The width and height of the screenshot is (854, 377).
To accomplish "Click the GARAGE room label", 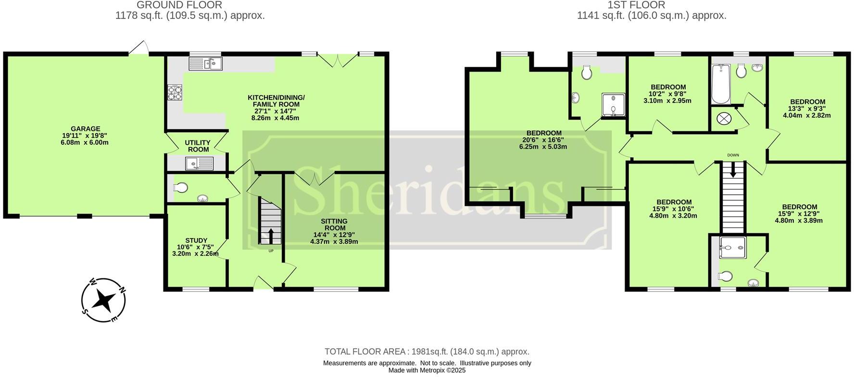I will pyautogui.click(x=85, y=129).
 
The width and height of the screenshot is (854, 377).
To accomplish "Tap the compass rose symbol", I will pyautogui.click(x=103, y=300).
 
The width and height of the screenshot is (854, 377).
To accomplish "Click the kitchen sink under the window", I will pyautogui.click(x=205, y=63).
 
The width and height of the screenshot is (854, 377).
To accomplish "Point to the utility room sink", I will pyautogui.click(x=199, y=164).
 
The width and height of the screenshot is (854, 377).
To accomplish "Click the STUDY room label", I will pyautogui.click(x=196, y=240).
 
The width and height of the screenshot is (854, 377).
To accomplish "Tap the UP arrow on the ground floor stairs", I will pyautogui.click(x=270, y=236).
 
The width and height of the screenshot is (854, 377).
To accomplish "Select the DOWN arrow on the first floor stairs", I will pyautogui.click(x=733, y=169).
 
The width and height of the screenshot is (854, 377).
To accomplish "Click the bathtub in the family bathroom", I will pyautogui.click(x=721, y=85).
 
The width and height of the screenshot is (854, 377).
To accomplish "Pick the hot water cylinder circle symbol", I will pyautogui.click(x=723, y=118).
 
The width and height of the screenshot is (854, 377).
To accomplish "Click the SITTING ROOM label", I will pyautogui.click(x=335, y=225).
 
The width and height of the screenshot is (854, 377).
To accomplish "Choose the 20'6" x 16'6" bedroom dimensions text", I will pyautogui.click(x=543, y=140).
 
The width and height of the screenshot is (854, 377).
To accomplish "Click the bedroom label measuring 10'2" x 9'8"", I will pyautogui.click(x=668, y=87).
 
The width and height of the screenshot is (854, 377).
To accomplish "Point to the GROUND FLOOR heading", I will pyautogui.click(x=179, y=5).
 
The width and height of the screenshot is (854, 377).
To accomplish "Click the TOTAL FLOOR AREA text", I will pyautogui.click(x=427, y=352).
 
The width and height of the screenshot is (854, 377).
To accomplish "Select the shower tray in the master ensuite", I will pyautogui.click(x=613, y=105).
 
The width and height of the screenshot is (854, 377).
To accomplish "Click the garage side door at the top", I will pyautogui.click(x=139, y=48).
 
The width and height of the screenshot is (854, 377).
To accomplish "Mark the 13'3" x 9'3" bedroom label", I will pyautogui.click(x=807, y=102).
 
